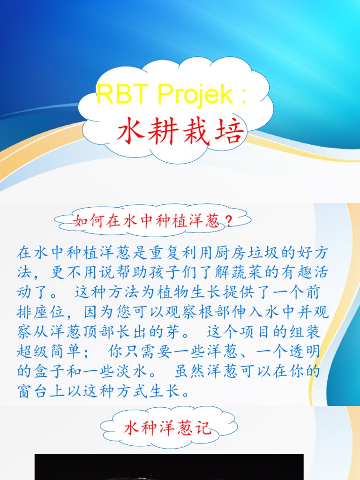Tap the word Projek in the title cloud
(195, 95)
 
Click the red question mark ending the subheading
(228, 221)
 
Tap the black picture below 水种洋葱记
(169, 467)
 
